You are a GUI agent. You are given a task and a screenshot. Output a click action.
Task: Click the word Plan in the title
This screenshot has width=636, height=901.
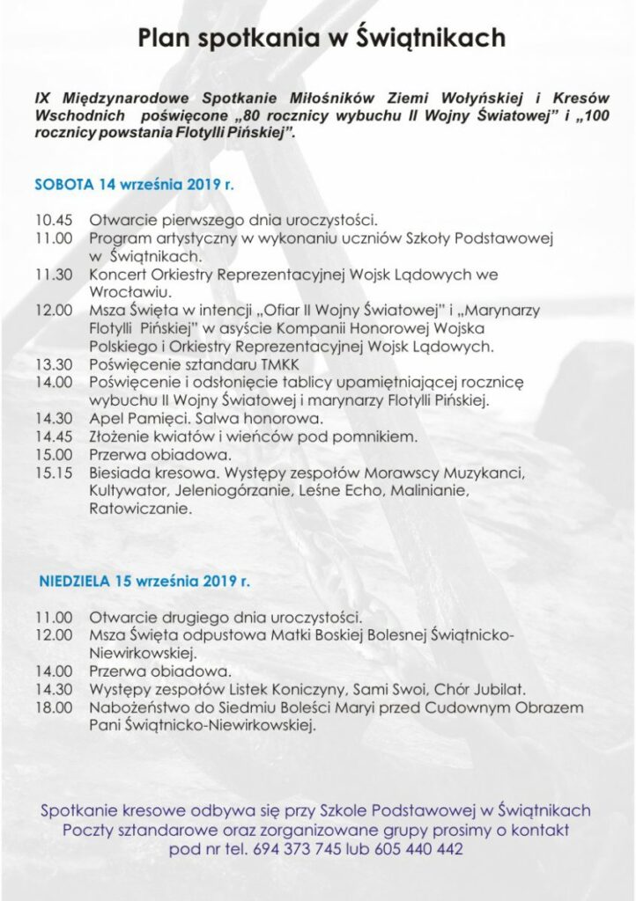point(164,39)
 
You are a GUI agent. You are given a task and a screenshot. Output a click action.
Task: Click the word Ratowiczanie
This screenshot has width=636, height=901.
point(135,509)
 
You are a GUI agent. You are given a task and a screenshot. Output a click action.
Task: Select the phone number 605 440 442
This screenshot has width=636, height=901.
point(418,850)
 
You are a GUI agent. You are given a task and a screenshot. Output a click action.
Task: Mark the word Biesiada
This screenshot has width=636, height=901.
point(120,473)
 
